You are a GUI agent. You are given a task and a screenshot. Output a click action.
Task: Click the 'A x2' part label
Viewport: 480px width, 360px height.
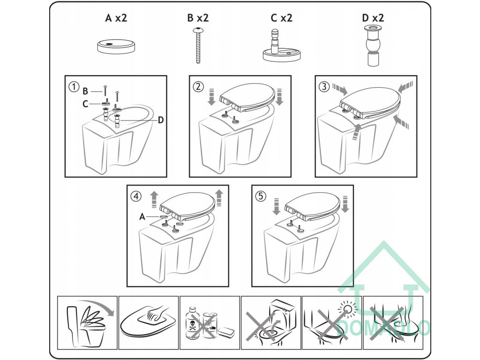click(116, 18)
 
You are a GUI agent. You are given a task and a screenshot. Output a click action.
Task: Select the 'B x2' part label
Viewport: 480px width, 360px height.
click(198, 18)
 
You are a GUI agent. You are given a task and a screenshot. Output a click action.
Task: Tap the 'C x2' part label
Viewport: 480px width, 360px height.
click(282, 18)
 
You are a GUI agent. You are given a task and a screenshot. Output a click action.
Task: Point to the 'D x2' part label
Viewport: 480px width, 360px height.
click(373, 18)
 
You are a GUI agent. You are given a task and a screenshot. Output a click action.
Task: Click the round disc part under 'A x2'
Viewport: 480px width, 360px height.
click(116, 47)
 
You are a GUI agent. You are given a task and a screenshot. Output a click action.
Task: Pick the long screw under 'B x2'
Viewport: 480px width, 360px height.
click(197, 45)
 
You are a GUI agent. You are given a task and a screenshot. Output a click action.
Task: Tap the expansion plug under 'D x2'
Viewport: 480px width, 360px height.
click(373, 46)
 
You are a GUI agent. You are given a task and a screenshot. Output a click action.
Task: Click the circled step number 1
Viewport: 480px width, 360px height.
click(74, 87)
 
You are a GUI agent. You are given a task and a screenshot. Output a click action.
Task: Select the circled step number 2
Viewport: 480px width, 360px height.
click(198, 87)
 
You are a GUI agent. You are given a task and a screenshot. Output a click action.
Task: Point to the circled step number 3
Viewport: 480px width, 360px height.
click(324, 87)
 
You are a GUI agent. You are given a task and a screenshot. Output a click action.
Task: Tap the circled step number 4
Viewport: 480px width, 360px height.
click(136, 196)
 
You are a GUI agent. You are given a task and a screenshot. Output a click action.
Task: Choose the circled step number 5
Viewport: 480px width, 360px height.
click(261, 196)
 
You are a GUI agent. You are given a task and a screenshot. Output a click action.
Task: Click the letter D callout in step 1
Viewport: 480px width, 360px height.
click(161, 120)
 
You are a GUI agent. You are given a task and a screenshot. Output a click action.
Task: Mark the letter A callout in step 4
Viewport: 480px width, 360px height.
click(142, 217)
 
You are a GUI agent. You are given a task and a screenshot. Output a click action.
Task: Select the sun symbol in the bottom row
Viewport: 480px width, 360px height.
click(348, 307)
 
